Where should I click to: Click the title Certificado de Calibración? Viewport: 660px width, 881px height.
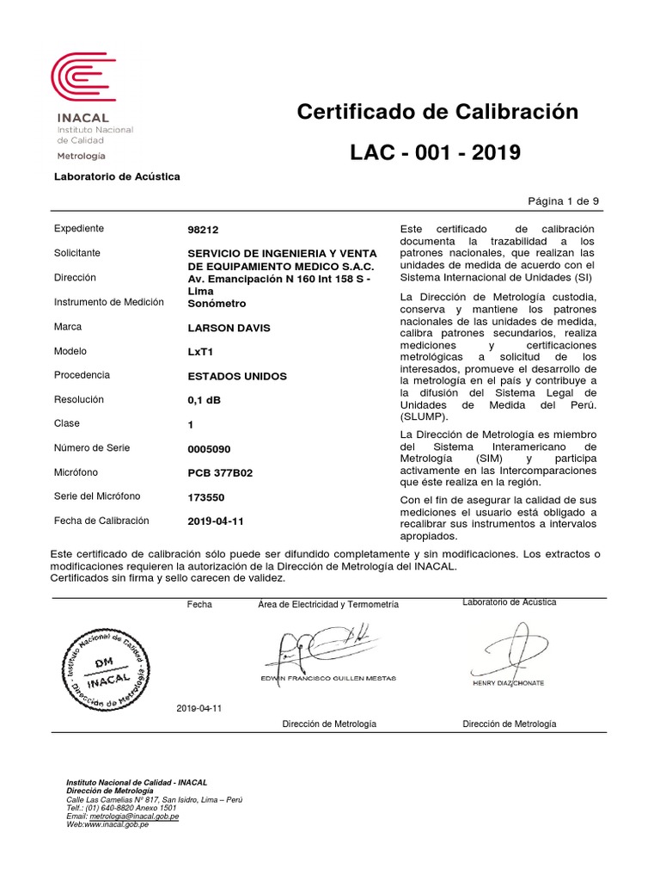437,113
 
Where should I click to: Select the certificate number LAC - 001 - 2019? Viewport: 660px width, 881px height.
435,153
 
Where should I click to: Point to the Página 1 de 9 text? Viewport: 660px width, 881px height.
563,200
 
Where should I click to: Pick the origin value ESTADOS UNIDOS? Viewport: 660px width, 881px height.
237,377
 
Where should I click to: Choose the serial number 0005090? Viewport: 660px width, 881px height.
209,449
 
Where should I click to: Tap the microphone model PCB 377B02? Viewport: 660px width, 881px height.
221,472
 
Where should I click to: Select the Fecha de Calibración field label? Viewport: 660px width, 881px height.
101,521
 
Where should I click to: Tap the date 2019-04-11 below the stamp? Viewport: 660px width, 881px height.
199,708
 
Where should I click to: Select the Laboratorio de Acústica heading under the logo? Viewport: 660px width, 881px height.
117,176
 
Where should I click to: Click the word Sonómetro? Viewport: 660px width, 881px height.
217,304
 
